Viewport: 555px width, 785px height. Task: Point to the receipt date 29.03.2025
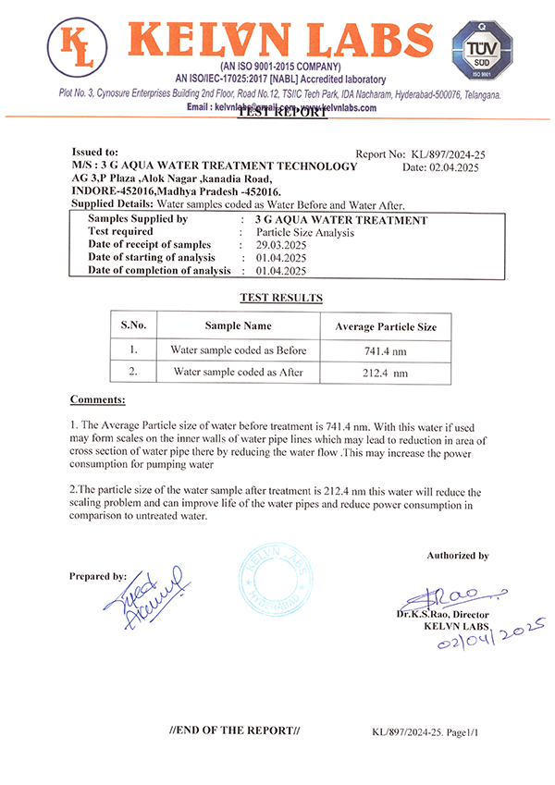280,244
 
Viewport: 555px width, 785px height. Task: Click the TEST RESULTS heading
281,298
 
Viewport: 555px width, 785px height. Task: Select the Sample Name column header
238,325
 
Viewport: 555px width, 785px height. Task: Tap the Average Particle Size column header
386,326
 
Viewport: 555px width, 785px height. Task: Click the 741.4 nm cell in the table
386,352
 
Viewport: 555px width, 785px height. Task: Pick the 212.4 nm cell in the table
386,374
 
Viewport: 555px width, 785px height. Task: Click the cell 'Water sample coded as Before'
238,350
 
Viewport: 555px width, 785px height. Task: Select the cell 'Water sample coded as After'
238,372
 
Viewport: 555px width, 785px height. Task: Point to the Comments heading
97,399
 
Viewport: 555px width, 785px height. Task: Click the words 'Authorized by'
457,556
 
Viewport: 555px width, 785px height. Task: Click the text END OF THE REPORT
235,730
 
